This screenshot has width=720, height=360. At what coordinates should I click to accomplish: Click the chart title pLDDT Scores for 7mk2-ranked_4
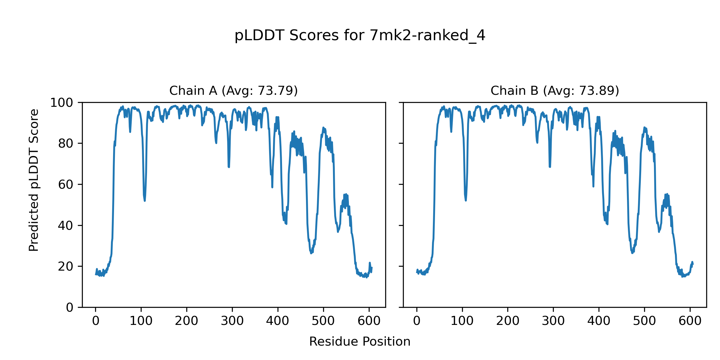tap(360, 36)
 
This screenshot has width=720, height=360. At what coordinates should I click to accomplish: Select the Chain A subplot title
tap(233, 91)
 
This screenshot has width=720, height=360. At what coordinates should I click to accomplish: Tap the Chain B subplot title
tap(555, 91)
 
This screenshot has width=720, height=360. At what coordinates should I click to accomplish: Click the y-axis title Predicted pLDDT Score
tap(34, 180)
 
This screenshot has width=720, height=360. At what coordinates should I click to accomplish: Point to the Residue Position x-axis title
tap(360, 342)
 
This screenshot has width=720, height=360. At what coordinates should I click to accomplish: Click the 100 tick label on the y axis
tap(61, 103)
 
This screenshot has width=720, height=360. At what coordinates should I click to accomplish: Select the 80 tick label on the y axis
tap(66, 144)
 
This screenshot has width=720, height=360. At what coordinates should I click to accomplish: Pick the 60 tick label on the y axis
tap(66, 185)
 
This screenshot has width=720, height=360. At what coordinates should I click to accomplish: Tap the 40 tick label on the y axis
tap(66, 226)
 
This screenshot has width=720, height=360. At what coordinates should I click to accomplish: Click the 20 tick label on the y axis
tap(66, 266)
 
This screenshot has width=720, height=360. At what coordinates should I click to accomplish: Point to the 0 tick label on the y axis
tap(70, 307)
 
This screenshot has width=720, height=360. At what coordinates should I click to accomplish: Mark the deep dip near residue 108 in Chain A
tap(145, 200)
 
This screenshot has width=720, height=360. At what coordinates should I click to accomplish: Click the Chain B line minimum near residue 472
tap(632, 253)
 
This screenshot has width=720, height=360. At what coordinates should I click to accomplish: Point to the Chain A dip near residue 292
tap(229, 167)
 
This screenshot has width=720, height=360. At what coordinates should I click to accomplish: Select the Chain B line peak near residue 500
tap(644, 127)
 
